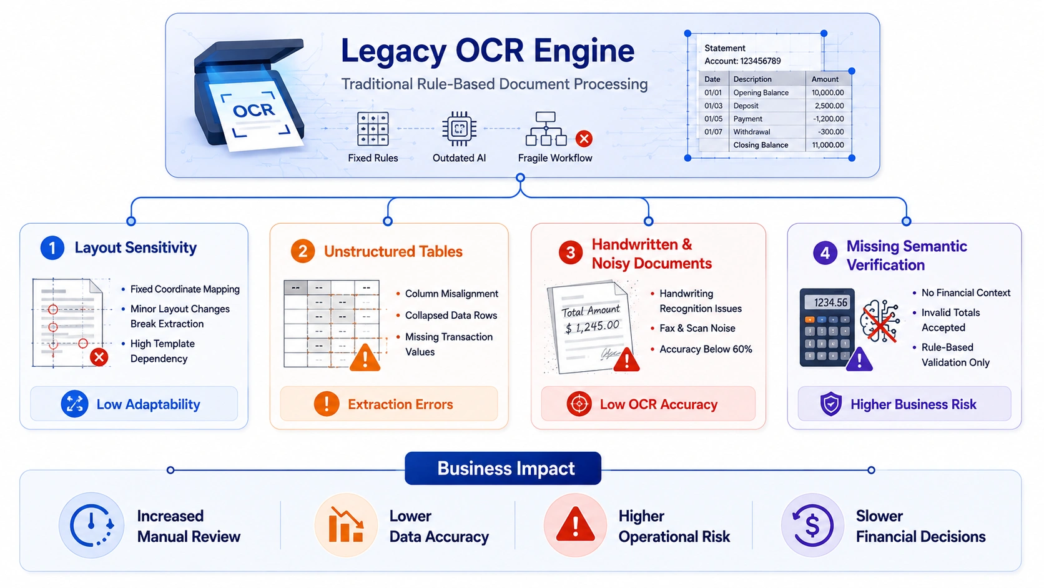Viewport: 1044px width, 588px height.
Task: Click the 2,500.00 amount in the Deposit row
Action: tap(829, 106)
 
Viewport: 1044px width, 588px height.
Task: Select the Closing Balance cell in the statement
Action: tap(761, 145)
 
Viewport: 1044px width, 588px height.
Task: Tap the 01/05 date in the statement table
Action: tap(713, 119)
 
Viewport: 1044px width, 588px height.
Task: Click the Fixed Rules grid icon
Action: tap(373, 128)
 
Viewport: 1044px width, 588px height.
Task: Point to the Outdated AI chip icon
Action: tap(459, 128)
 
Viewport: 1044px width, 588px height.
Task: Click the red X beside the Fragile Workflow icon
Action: tap(584, 139)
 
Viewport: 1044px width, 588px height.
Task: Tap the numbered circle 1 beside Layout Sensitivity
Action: tap(52, 247)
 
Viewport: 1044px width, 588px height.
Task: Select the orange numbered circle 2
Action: tap(302, 251)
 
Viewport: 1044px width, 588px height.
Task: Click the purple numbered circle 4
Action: tap(825, 253)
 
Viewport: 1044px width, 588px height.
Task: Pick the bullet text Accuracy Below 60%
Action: tap(706, 349)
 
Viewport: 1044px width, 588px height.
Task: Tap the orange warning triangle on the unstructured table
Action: tap(365, 357)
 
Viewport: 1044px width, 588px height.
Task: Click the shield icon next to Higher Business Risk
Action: tap(830, 404)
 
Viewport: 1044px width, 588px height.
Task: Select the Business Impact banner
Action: tap(503, 468)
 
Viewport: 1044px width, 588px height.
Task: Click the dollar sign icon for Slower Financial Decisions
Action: tap(812, 526)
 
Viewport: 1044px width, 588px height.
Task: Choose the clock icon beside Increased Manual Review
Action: tap(92, 526)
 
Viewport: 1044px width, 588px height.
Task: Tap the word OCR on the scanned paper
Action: tap(254, 111)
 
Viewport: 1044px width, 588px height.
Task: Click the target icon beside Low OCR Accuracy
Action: tap(579, 404)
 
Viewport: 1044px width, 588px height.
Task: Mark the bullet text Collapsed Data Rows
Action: tap(451, 315)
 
